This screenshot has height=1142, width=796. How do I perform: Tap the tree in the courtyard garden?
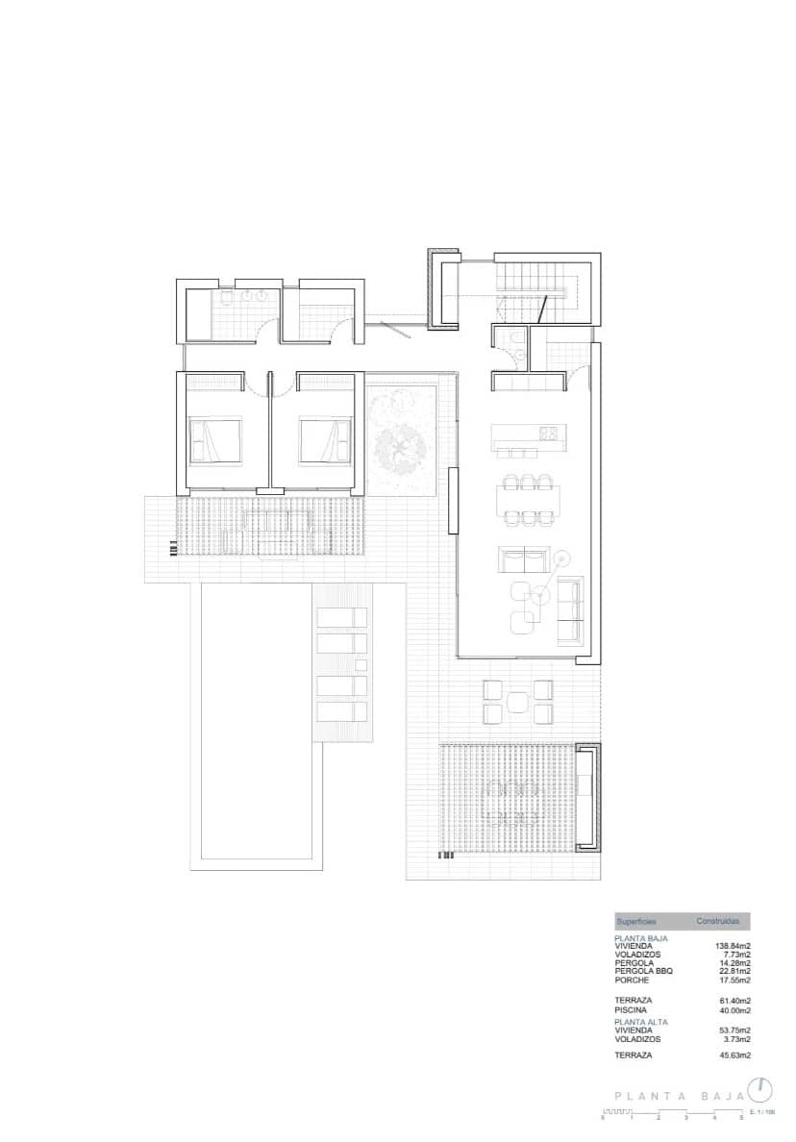[x=402, y=445]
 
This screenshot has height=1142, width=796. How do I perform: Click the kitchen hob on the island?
[x=549, y=434]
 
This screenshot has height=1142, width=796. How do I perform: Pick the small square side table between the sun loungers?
[x=361, y=665]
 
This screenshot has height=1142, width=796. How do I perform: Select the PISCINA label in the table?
[x=631, y=1010]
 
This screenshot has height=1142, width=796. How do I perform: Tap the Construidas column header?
[x=718, y=921]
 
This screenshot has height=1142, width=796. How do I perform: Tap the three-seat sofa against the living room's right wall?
[x=570, y=610]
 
